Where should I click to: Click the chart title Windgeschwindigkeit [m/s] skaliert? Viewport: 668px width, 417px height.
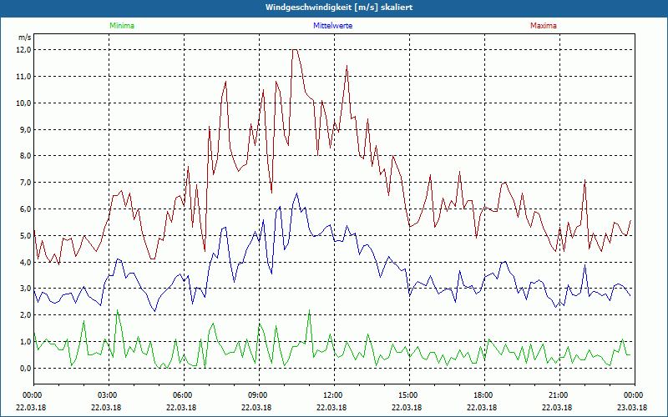333,8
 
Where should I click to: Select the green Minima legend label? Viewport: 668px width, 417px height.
121,26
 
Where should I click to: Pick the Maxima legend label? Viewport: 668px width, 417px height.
544,26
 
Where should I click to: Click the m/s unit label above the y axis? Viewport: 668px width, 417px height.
24,38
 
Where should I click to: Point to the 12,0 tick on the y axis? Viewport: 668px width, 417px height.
23,50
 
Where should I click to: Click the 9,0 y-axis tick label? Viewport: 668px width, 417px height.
23,129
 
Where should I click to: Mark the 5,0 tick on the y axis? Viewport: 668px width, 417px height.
23,236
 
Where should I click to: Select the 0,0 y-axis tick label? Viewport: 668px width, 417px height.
23,369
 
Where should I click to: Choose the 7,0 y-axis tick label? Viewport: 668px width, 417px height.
23,183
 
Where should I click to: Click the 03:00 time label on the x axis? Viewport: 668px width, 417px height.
108,395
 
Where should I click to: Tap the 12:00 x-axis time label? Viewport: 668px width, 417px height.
332,395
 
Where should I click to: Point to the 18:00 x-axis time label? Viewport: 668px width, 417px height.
483,395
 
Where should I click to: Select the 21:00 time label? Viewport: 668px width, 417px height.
558,395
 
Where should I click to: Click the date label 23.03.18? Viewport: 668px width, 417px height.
633,407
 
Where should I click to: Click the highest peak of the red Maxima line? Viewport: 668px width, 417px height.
295,50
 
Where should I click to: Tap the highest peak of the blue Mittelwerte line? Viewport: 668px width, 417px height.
296,193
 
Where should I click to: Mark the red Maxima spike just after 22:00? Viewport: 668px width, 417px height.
585,181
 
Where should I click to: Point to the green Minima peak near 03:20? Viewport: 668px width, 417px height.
117,310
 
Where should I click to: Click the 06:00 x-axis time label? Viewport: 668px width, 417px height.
183,395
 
